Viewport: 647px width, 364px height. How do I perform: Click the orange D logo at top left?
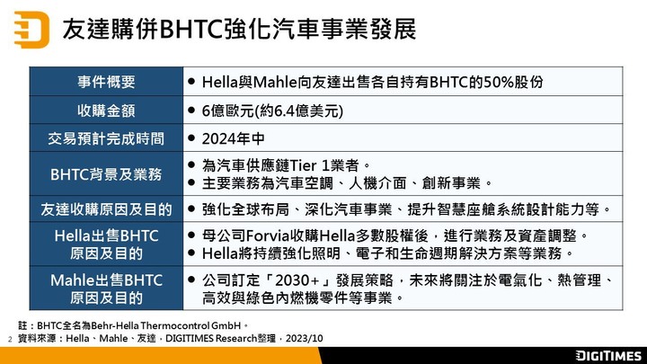(31, 30)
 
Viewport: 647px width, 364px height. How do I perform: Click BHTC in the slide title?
(192, 30)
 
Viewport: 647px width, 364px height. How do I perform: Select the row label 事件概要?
(106, 82)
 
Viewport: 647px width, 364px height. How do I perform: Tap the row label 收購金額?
(106, 111)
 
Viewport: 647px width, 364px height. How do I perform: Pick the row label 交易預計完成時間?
(106, 138)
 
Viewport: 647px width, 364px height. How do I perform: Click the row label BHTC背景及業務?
(106, 174)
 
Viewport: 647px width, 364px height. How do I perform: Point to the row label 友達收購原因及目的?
(106, 209)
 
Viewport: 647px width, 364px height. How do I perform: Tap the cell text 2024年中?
(233, 138)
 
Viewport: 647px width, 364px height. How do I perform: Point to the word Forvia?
(268, 236)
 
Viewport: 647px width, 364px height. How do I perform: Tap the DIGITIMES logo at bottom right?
(608, 356)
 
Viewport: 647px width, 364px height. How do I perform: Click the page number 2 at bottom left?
(10, 339)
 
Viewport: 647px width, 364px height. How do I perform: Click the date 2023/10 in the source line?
(304, 339)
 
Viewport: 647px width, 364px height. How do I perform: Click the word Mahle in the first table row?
(275, 82)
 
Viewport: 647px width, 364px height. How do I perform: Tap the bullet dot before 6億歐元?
(191, 111)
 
